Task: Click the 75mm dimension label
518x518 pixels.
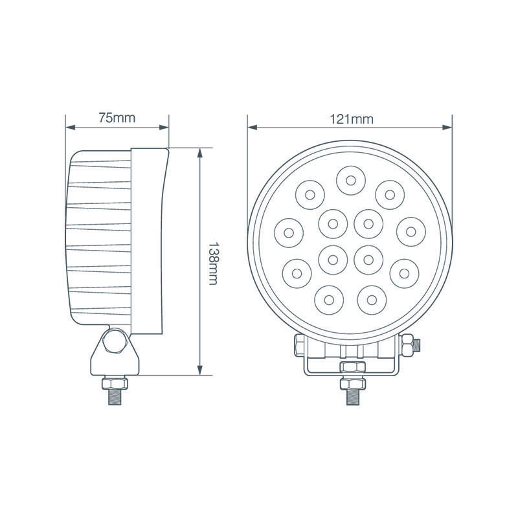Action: (x=117, y=118)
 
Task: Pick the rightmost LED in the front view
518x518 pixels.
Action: (x=412, y=232)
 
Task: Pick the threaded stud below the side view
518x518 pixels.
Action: (x=115, y=394)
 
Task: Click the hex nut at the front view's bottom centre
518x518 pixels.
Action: (x=350, y=368)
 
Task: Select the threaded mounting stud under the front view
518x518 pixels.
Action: (x=350, y=392)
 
